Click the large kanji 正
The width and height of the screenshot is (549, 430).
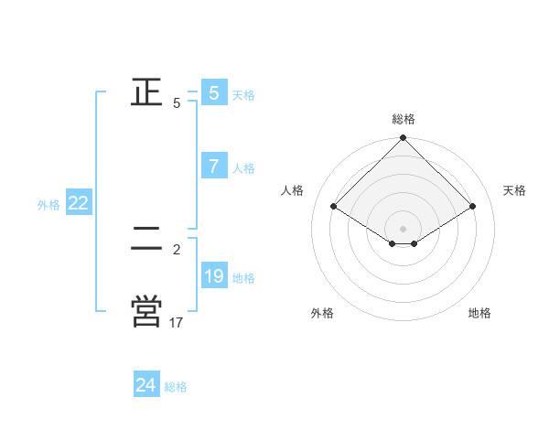pos(147,92)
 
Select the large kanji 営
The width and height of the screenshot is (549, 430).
pos(147,310)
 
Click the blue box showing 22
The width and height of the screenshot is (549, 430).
pos(78,204)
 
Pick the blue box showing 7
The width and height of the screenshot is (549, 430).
pos(214,167)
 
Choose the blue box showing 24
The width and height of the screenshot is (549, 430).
pos(146,385)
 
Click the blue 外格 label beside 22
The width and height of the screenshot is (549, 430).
pos(48,205)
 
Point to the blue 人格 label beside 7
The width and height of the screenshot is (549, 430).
pos(243,168)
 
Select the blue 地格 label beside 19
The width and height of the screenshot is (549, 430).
pos(243,278)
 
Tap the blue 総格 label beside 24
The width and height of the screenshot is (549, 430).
pos(176,387)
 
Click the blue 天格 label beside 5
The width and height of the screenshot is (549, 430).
pos(243,95)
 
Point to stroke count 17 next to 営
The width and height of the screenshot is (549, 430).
pos(177,322)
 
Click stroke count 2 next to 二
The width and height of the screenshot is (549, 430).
pos(177,249)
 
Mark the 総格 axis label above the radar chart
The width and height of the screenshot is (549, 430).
pos(404,119)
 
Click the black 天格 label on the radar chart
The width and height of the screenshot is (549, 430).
pos(515,190)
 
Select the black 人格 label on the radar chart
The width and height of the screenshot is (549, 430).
pos(293,190)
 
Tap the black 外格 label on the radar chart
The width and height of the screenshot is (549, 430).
pos(322,313)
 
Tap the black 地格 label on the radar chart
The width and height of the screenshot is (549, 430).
pos(479,313)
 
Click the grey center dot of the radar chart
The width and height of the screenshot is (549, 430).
pos(404,229)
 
